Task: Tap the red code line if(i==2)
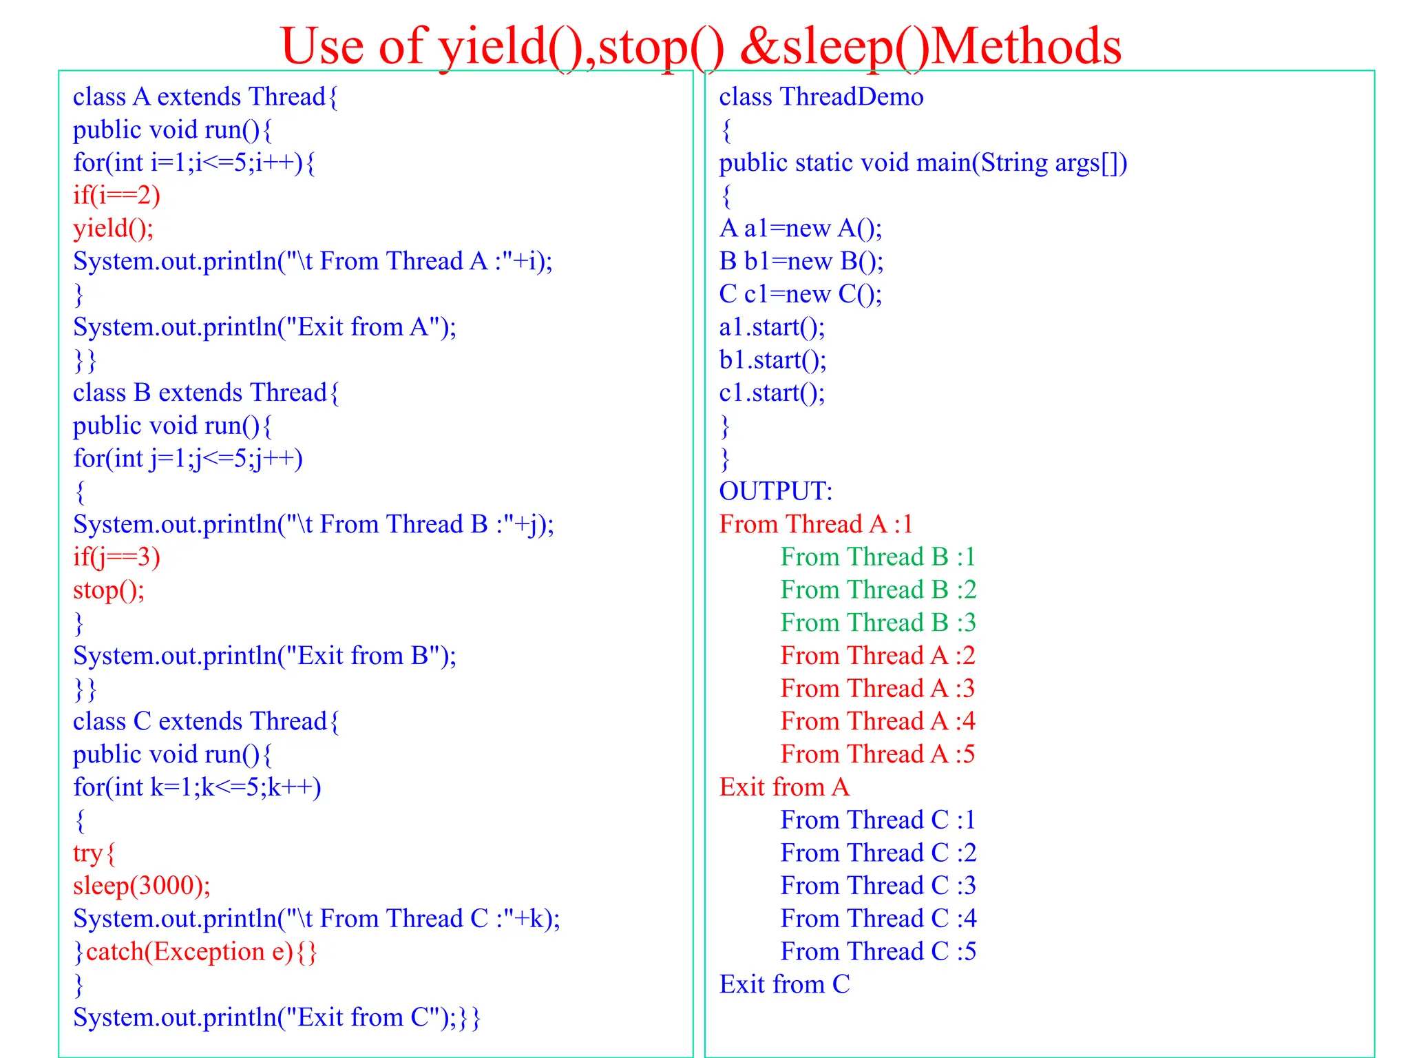tap(116, 196)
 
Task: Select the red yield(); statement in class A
tap(114, 228)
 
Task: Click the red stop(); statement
tap(109, 590)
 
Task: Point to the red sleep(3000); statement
tap(142, 886)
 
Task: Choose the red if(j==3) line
tap(116, 557)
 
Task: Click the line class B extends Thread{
tap(206, 393)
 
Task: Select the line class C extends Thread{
tap(206, 722)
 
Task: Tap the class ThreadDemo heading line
tap(821, 97)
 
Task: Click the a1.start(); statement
tap(772, 327)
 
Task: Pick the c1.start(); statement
tap(772, 393)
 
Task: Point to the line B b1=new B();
tap(801, 261)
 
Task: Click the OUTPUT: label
tap(776, 492)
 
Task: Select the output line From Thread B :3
tap(878, 623)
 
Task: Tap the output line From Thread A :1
tap(816, 525)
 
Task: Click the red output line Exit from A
tap(784, 787)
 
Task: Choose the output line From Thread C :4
tap(878, 919)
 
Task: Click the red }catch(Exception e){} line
tap(196, 952)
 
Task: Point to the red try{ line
tap(94, 853)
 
